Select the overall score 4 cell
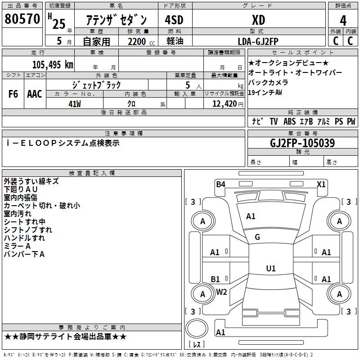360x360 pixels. (x=343, y=21)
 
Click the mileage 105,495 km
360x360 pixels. (x=53, y=65)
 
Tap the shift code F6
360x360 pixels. (x=13, y=94)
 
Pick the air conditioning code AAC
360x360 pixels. (x=35, y=94)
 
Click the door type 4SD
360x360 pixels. (x=174, y=21)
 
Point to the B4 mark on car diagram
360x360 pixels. (x=220, y=184)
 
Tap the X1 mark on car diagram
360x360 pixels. (x=321, y=184)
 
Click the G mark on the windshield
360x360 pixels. (x=257, y=237)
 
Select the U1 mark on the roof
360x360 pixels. (x=271, y=269)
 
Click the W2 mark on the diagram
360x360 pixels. (x=221, y=292)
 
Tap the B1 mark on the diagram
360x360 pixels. (x=216, y=279)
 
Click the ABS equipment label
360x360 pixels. (x=289, y=121)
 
